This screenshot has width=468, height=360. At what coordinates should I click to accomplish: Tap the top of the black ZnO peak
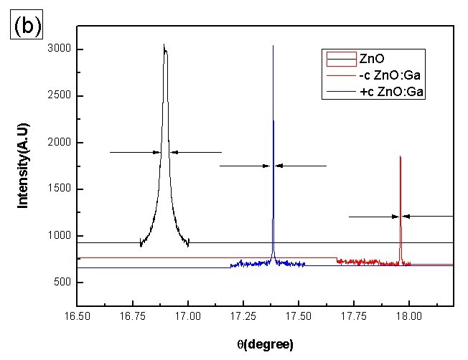(x=164, y=45)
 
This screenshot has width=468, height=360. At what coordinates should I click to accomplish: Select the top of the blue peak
(x=273, y=46)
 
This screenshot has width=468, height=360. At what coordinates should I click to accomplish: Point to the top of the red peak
(x=400, y=156)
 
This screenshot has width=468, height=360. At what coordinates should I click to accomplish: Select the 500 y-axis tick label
(x=60, y=283)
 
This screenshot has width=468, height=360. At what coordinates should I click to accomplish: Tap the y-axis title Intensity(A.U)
(x=23, y=166)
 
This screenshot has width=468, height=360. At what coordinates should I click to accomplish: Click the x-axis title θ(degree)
(x=264, y=344)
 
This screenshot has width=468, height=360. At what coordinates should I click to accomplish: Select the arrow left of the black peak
(x=135, y=152)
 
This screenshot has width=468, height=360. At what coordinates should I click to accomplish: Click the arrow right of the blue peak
(x=301, y=166)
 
